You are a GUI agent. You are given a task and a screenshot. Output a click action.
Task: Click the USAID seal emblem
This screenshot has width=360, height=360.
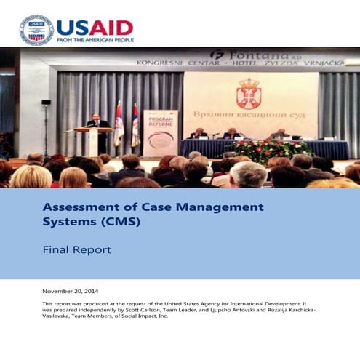pos(36,29)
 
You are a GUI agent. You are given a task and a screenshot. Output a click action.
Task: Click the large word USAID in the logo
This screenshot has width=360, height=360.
pos(95,27)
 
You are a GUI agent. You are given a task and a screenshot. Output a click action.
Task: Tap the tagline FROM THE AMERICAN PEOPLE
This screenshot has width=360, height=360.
pos(95,40)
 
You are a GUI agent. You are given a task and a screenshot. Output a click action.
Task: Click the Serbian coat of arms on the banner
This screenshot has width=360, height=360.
pos(249,94)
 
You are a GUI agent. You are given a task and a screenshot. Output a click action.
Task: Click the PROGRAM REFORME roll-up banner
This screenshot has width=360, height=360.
pos(160,132)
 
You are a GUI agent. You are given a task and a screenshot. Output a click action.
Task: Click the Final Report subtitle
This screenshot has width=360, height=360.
pos(76,249)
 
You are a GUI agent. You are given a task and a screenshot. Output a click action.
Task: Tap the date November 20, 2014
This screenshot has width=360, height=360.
pos(76,291)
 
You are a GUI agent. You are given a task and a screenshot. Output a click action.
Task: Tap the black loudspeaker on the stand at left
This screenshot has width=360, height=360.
pos(46,102)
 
